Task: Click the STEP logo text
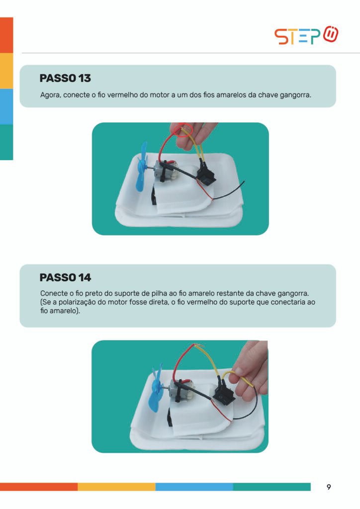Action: click(x=297, y=36)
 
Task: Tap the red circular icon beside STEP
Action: click(x=331, y=34)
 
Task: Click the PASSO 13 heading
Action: click(x=65, y=78)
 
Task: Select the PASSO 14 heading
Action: click(x=65, y=277)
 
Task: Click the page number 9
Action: click(x=329, y=487)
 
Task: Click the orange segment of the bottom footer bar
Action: click(x=39, y=487)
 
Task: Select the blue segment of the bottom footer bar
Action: click(x=194, y=487)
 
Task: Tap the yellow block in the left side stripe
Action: click(x=6, y=71)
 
